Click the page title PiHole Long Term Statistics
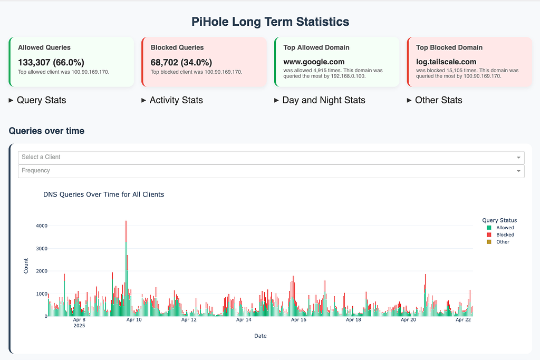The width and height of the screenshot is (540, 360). [x=270, y=22]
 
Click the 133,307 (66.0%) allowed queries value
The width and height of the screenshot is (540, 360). [x=51, y=62]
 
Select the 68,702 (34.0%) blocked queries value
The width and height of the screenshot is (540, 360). [x=181, y=62]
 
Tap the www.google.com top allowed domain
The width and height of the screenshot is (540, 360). [x=314, y=62]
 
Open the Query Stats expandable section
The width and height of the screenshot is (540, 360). [x=37, y=100]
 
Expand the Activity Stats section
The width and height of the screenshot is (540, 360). [x=172, y=100]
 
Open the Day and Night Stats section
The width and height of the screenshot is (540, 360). [x=320, y=100]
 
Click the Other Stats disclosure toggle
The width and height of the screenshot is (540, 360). [x=435, y=100]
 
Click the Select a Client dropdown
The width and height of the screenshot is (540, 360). [x=271, y=157]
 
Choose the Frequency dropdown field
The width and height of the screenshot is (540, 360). [x=271, y=171]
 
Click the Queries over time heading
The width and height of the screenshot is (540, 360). [x=46, y=131]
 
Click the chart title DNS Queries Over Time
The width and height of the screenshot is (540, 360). [x=103, y=194]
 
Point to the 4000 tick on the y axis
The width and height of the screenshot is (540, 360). [x=41, y=226]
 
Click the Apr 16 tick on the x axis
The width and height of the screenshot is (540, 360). [x=298, y=320]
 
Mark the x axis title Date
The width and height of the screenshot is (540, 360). [x=260, y=336]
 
